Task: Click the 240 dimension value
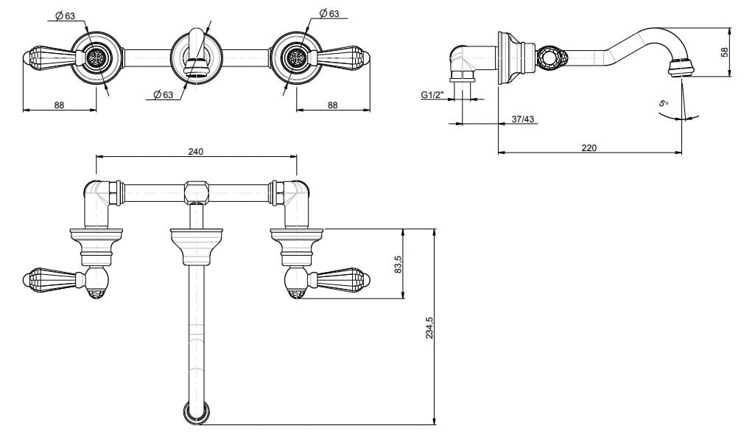pyautogui.click(x=195, y=151)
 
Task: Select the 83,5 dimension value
pyautogui.click(x=398, y=263)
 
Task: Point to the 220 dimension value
pyautogui.click(x=589, y=147)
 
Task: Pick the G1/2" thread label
pyautogui.click(x=432, y=95)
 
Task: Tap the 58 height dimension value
pyautogui.click(x=725, y=52)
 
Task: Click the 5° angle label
pyautogui.click(x=663, y=104)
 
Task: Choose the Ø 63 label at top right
pyautogui.click(x=329, y=14)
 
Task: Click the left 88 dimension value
pyautogui.click(x=59, y=105)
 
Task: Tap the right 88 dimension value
pyautogui.click(x=332, y=105)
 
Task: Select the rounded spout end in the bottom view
pyautogui.click(x=197, y=413)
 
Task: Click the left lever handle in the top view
pyautogui.click(x=52, y=57)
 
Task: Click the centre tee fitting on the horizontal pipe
pyautogui.click(x=195, y=192)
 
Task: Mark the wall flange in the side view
pyautogui.click(x=508, y=57)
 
